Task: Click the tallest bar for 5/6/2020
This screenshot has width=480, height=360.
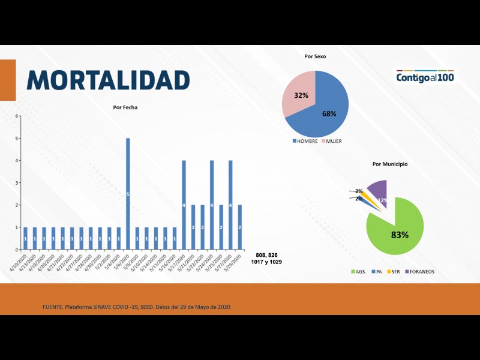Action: (x=128, y=194)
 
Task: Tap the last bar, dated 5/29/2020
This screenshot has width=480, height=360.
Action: (x=240, y=227)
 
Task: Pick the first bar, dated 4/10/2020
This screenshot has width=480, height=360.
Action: (x=25, y=238)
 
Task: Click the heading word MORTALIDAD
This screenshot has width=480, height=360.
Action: (x=109, y=80)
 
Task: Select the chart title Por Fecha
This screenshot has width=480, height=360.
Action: (x=125, y=107)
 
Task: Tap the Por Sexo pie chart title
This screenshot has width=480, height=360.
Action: (x=315, y=56)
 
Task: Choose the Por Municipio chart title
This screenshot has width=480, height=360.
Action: (x=390, y=164)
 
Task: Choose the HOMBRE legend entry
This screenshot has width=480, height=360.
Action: (x=304, y=141)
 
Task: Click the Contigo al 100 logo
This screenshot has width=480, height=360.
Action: (x=424, y=77)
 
